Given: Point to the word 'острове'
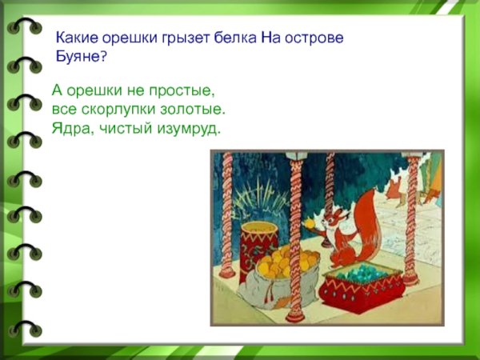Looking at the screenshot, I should pyautogui.click(x=317, y=38).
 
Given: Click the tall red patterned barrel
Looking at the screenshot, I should pyautogui.click(x=259, y=244).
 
